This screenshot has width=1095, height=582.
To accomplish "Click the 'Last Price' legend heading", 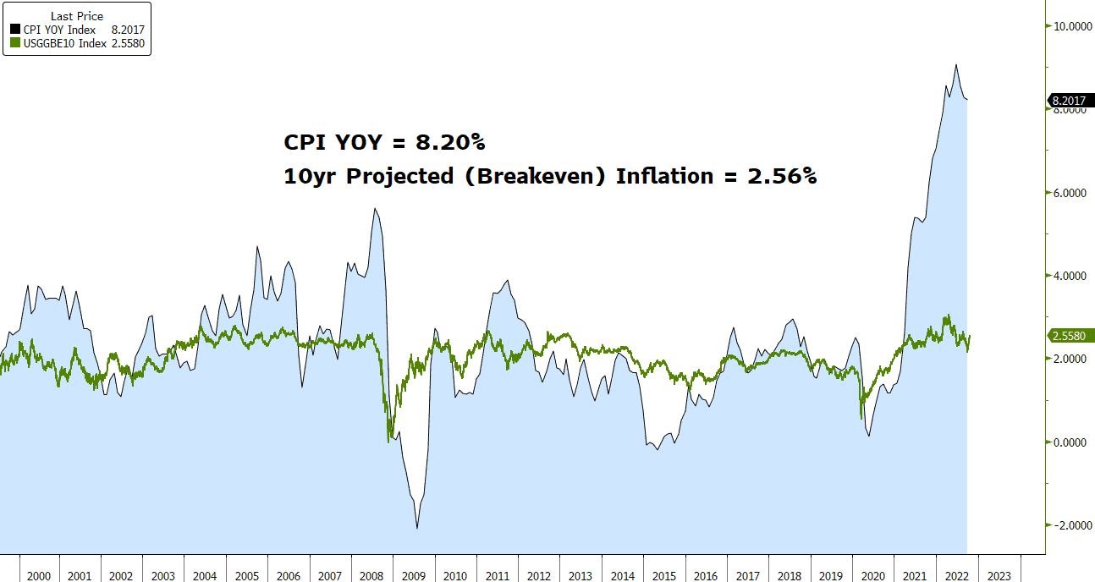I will pyautogui.click(x=77, y=16).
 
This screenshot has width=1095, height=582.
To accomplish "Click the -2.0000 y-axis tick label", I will pyautogui.click(x=1071, y=525).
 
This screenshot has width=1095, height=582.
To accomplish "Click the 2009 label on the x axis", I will pyautogui.click(x=413, y=575).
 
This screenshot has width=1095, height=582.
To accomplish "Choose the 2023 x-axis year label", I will pyautogui.click(x=999, y=575).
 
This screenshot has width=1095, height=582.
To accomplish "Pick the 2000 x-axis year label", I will pyautogui.click(x=38, y=575).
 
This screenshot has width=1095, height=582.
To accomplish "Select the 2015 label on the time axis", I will pyautogui.click(x=664, y=575).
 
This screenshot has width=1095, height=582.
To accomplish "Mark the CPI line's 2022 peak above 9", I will pyautogui.click(x=955, y=64).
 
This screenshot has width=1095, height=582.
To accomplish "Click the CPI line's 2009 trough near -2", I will pyautogui.click(x=417, y=529).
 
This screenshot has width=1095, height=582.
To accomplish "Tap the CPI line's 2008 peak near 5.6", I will pyautogui.click(x=373, y=209).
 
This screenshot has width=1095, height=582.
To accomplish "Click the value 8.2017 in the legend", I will pyautogui.click(x=128, y=30).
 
